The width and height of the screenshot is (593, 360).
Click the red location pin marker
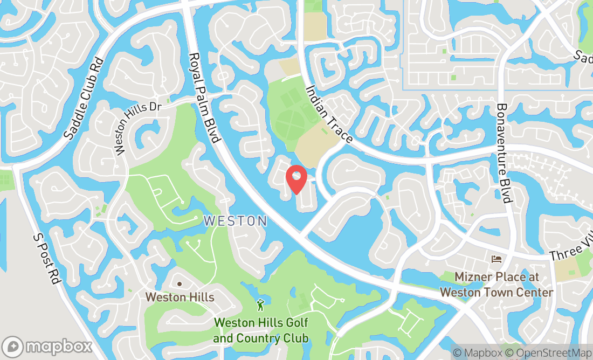296,179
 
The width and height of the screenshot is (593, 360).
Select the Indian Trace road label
329,114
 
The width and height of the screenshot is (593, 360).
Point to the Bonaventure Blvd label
504,153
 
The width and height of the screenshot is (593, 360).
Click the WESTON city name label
235,221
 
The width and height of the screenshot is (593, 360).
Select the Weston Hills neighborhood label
180,297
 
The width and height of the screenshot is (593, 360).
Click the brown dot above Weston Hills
180,284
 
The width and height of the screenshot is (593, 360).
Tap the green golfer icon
261,305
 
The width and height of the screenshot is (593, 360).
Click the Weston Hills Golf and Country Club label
261,330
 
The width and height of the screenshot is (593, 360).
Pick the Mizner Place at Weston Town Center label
497,285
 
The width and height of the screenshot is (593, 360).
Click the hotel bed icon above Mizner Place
496,260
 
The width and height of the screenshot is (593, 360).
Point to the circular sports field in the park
290,126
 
